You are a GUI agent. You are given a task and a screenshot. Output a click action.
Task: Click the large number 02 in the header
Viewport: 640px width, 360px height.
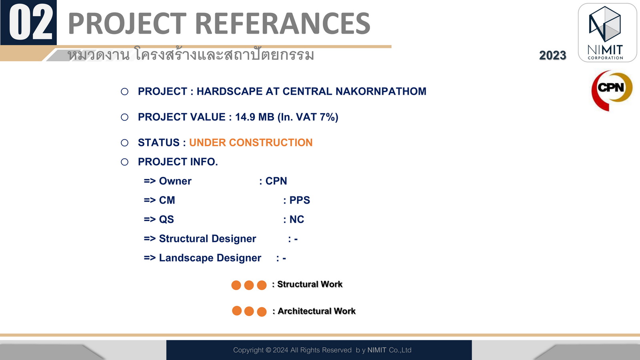tap(31, 23)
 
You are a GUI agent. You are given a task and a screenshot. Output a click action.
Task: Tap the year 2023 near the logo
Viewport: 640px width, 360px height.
tap(552, 56)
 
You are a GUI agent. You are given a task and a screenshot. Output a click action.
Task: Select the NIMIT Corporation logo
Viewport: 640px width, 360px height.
tap(607, 32)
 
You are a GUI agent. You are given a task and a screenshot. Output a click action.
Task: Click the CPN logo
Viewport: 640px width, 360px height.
tap(612, 90)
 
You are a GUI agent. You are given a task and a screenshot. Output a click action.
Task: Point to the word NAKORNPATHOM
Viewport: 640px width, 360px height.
tap(381, 92)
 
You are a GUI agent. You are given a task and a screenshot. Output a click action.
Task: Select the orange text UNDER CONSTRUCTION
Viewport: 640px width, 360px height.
tap(251, 142)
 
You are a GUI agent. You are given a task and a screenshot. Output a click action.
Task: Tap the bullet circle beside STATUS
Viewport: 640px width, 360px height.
tap(124, 143)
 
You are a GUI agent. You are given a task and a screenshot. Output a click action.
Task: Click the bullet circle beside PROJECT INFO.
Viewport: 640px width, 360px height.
tap(124, 162)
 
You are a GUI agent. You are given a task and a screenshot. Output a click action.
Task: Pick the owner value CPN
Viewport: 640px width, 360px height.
tap(276, 181)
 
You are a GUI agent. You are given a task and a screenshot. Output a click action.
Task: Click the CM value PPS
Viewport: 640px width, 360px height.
tap(300, 200)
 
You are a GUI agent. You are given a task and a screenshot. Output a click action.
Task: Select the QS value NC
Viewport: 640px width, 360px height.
tap(297, 220)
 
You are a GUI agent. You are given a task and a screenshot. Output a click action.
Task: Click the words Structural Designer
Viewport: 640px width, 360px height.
tap(208, 239)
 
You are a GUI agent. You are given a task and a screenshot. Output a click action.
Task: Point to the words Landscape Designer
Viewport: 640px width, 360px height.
tap(210, 258)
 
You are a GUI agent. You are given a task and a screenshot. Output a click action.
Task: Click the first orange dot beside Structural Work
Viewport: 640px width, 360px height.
tap(236, 285)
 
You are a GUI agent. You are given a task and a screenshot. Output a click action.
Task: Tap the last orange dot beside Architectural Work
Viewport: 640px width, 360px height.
tap(262, 312)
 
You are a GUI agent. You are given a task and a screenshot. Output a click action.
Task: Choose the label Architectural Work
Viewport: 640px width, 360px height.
tap(316, 311)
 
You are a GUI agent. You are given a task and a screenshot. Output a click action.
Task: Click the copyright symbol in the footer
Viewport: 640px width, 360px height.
tap(268, 350)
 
